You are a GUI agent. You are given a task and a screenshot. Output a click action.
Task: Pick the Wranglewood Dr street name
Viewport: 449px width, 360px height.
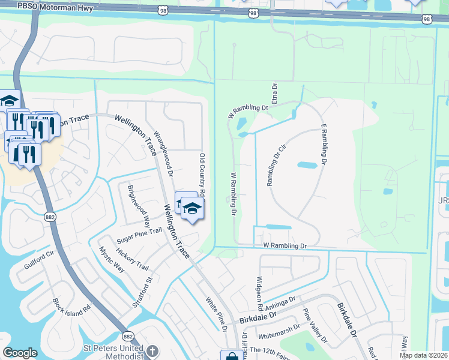click(x=163, y=153)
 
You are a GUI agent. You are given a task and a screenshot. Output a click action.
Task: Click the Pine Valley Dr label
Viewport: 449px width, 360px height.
click(x=315, y=326)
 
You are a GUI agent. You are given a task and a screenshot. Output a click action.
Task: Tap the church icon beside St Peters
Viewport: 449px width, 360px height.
click(x=152, y=351)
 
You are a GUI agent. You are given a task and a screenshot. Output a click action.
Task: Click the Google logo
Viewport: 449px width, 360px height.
click(x=20, y=353)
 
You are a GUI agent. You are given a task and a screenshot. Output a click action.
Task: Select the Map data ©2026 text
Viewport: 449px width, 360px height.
click(x=423, y=355)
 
